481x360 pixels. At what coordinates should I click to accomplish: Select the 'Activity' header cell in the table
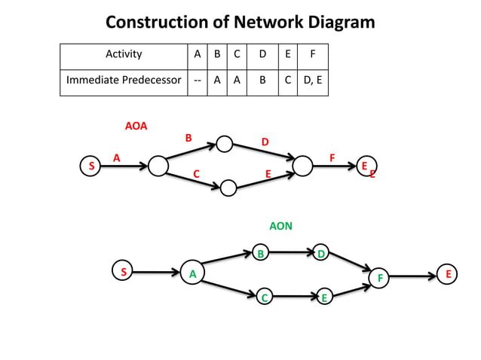124,55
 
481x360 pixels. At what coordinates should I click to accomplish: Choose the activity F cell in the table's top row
313,55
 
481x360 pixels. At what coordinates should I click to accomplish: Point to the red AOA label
136,126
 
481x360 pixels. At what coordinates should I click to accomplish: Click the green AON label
280,225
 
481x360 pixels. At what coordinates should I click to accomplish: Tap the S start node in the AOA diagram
91,165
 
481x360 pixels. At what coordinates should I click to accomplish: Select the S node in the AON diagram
123,271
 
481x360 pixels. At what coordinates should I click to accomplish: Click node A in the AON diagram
192,274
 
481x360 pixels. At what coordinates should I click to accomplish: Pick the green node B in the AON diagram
261,254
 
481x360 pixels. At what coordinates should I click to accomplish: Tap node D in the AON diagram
321,254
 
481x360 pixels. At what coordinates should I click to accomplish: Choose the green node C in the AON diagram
265,298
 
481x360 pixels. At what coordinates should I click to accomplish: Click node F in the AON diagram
380,278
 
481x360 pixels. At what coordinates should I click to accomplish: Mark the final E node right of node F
448,274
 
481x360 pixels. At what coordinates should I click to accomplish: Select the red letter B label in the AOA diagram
188,138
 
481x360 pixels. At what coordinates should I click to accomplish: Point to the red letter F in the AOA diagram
332,157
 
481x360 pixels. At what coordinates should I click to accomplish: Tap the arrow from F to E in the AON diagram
414,276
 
